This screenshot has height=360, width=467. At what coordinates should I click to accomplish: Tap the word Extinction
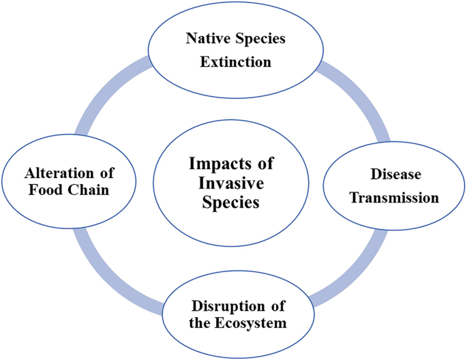235,62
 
